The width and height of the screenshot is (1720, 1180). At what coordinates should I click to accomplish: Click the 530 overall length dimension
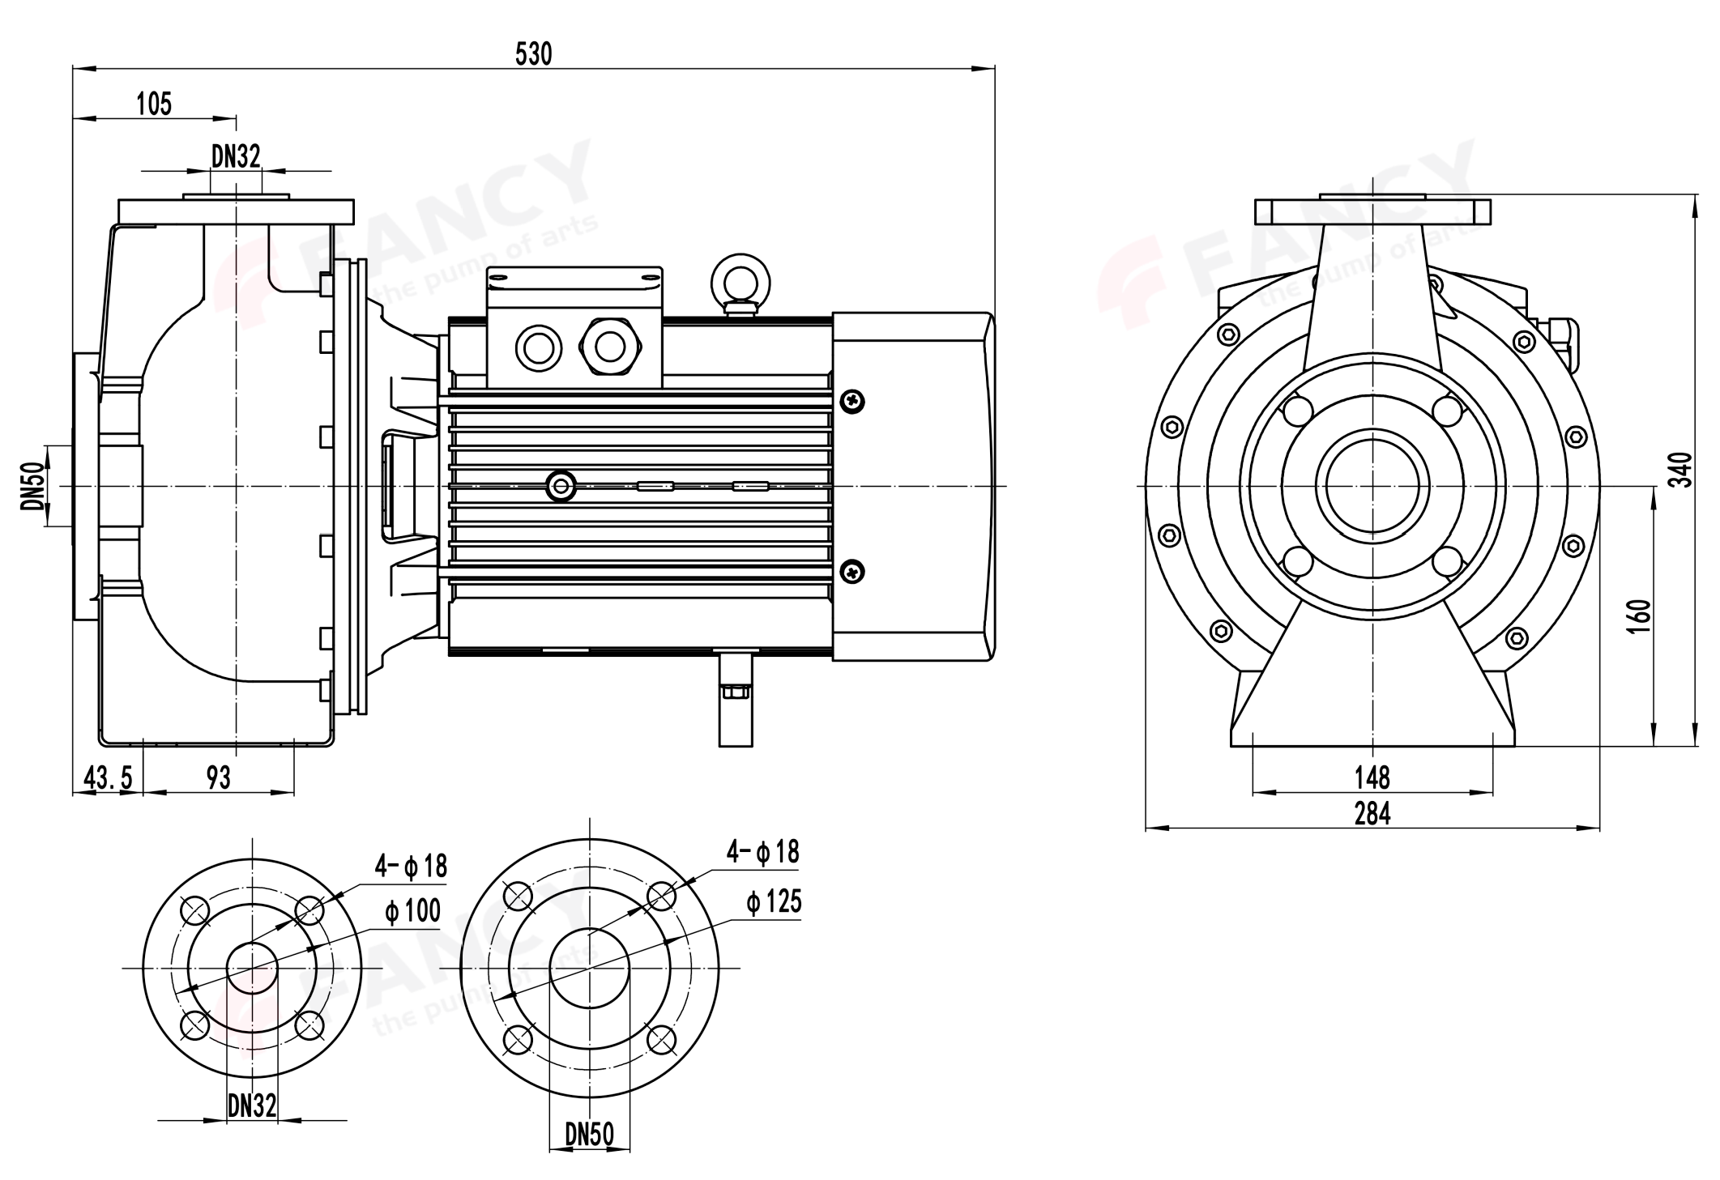click(533, 54)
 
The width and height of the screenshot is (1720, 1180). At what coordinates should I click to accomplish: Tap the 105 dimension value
click(154, 104)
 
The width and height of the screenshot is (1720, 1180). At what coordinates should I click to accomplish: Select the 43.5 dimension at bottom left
click(108, 778)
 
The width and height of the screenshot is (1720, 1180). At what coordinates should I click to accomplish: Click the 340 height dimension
click(1684, 470)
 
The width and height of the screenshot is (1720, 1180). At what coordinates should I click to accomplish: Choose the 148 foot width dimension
click(1372, 778)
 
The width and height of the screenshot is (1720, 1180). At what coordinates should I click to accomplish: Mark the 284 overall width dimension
click(1372, 813)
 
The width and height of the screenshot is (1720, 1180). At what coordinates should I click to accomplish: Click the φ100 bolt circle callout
click(412, 911)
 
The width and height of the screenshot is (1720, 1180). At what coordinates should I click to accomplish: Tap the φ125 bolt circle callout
click(774, 901)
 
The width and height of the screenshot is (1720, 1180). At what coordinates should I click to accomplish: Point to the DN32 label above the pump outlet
click(236, 156)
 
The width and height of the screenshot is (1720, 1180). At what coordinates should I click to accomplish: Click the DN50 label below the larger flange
click(589, 1135)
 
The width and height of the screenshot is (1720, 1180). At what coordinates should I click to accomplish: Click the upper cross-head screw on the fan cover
click(853, 400)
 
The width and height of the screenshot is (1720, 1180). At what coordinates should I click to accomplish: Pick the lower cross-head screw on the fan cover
click(853, 573)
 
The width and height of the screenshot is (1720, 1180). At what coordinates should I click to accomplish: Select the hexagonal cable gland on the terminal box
click(609, 347)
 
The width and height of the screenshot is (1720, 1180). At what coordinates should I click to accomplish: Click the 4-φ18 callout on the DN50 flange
click(762, 852)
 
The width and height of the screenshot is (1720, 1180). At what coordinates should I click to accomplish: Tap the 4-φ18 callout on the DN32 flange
click(410, 866)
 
